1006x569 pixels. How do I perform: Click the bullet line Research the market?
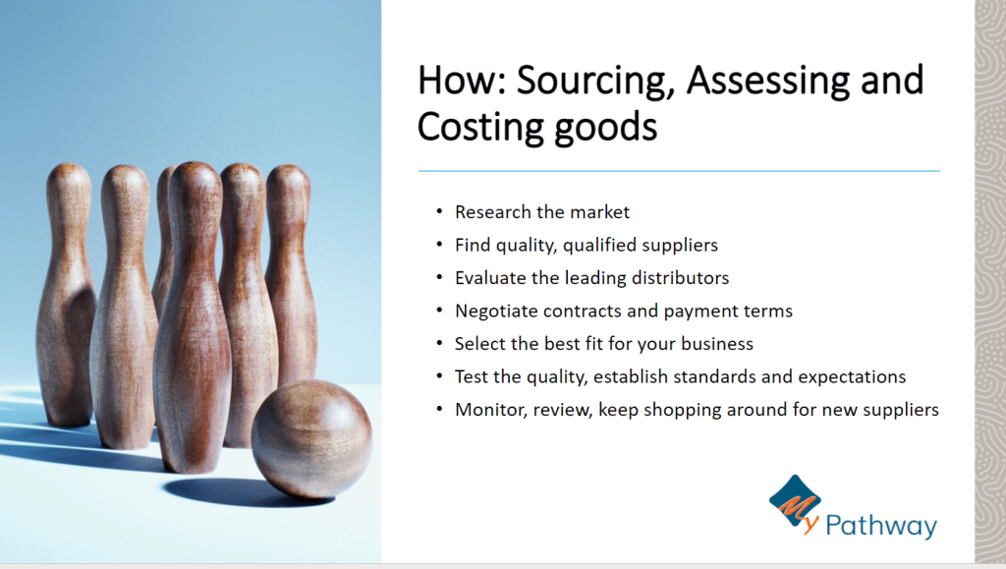tap(542, 212)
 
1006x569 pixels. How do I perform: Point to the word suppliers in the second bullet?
tap(680, 246)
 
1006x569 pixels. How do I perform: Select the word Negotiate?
tap(496, 312)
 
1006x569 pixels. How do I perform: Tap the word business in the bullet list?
tap(716, 344)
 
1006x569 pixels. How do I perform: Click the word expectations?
tap(852, 377)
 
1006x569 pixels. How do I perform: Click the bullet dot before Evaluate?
tap(439, 277)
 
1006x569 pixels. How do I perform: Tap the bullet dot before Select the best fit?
tap(439, 343)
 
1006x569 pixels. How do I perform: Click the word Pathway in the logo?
tap(881, 526)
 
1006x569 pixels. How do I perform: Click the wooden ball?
tap(311, 438)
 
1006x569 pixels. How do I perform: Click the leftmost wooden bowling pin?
tap(65, 295)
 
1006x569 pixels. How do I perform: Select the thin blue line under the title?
tap(680, 171)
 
